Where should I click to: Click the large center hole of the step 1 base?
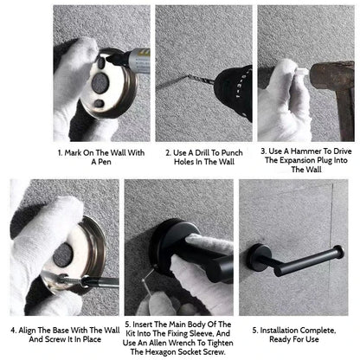[100, 83]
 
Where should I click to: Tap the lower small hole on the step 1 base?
[99, 103]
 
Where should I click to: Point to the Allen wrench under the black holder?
[148, 278]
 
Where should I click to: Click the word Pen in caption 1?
[105, 162]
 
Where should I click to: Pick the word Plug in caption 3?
[325, 160]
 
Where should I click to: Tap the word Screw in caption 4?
[55, 339]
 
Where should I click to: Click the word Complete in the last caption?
[318, 331]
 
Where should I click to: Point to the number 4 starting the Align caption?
[13, 331]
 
